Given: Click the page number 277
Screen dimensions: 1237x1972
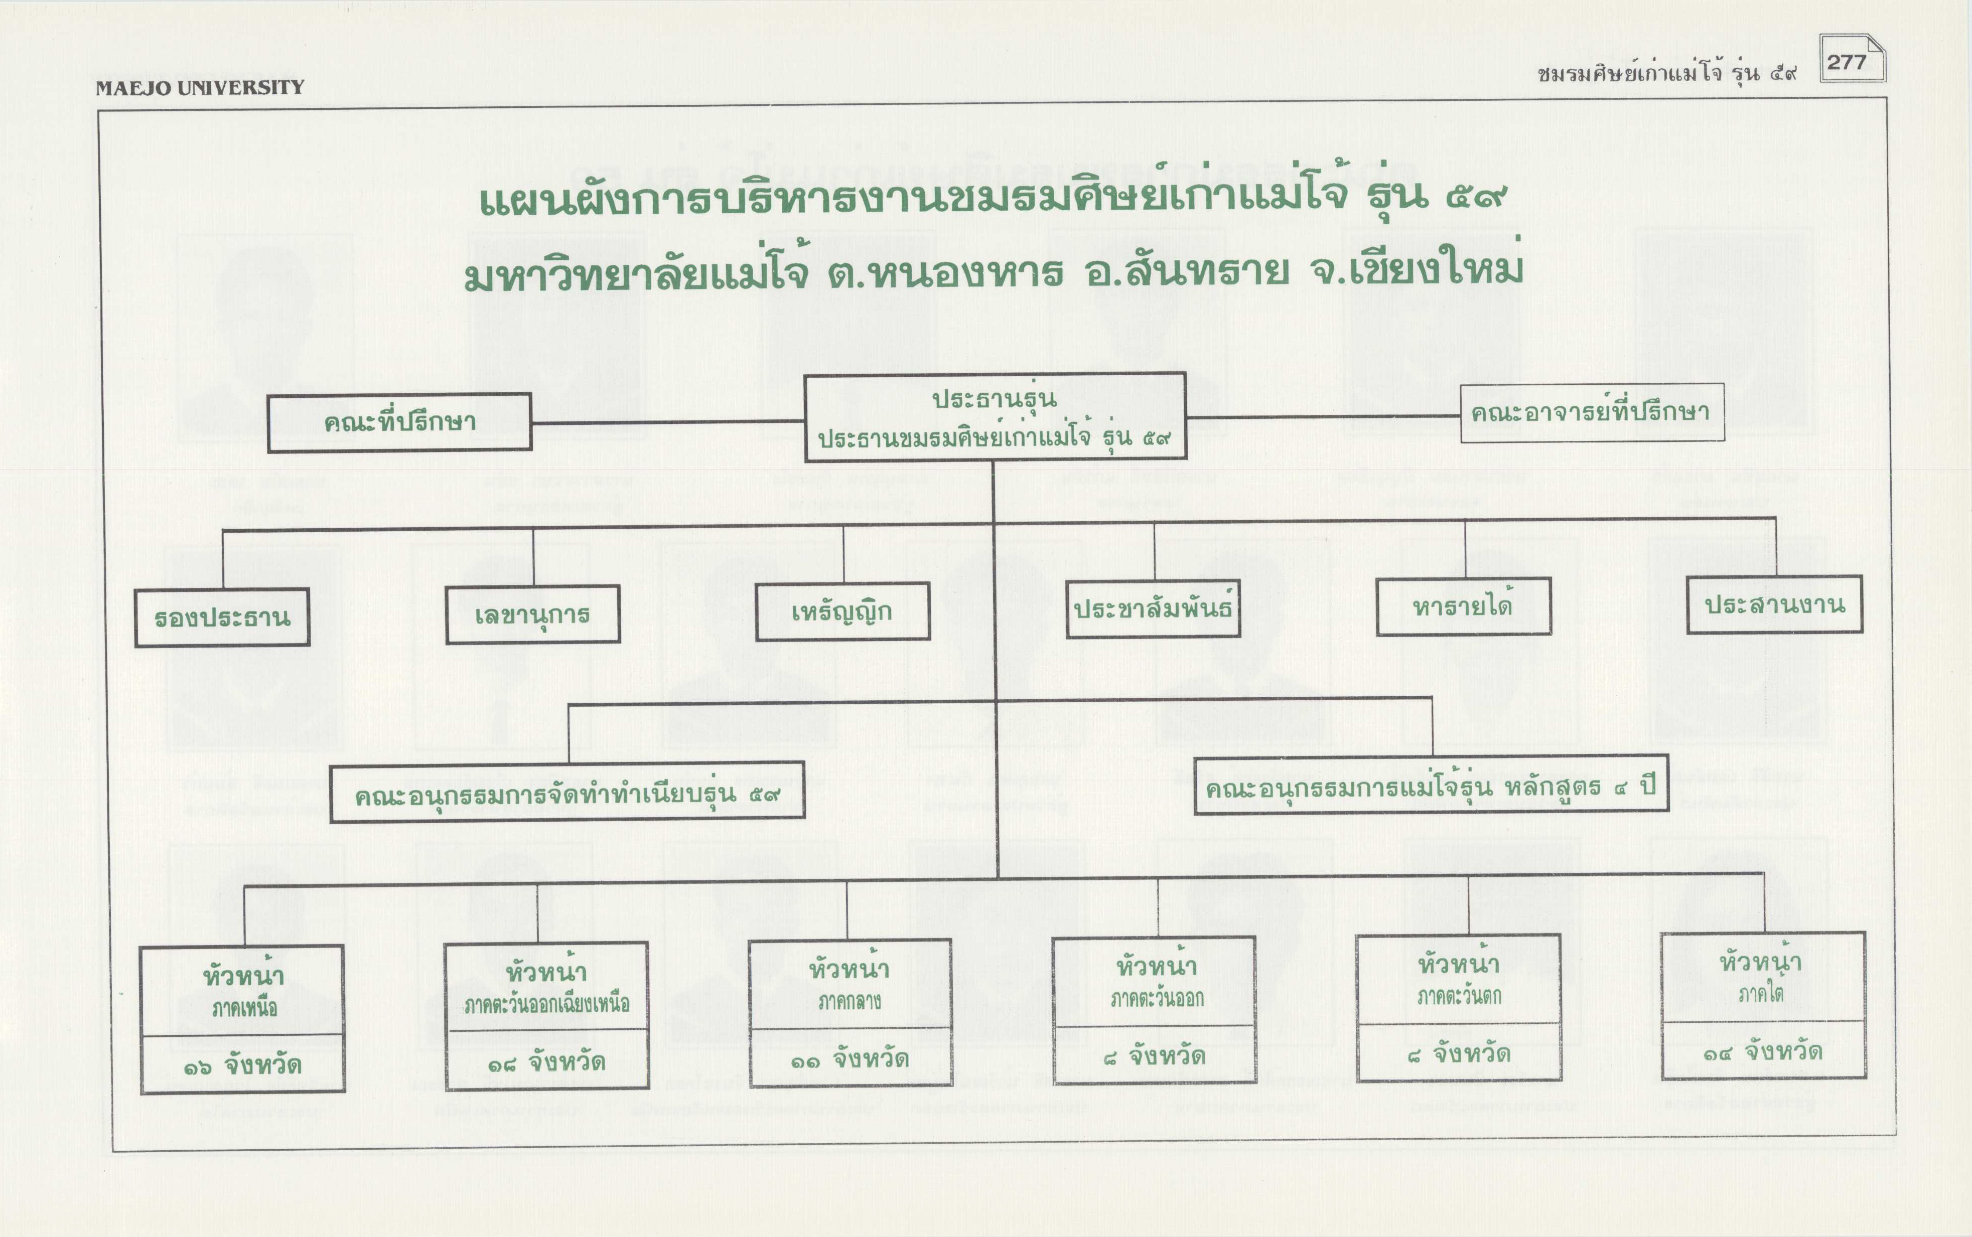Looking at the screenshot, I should click(x=1847, y=62).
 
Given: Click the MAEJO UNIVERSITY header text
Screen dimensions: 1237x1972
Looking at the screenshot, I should click(x=200, y=88).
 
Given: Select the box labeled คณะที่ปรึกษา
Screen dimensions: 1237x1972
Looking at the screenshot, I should click(x=399, y=422).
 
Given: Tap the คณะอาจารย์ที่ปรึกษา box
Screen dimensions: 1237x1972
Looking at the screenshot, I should click(x=1592, y=412).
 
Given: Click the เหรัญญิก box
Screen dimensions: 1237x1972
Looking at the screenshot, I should click(x=842, y=611).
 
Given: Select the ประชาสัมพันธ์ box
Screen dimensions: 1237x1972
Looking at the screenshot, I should click(x=1152, y=608).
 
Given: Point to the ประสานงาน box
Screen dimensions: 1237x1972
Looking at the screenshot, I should click(x=1774, y=604).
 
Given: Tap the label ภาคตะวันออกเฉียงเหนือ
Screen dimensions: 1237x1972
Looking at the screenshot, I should click(x=546, y=1004).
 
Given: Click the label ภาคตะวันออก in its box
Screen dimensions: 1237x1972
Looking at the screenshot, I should click(x=1156, y=998).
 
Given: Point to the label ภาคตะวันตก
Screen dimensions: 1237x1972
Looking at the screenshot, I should click(x=1459, y=996).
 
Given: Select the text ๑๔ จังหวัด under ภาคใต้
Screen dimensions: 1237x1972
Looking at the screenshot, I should click(x=1763, y=1051).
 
